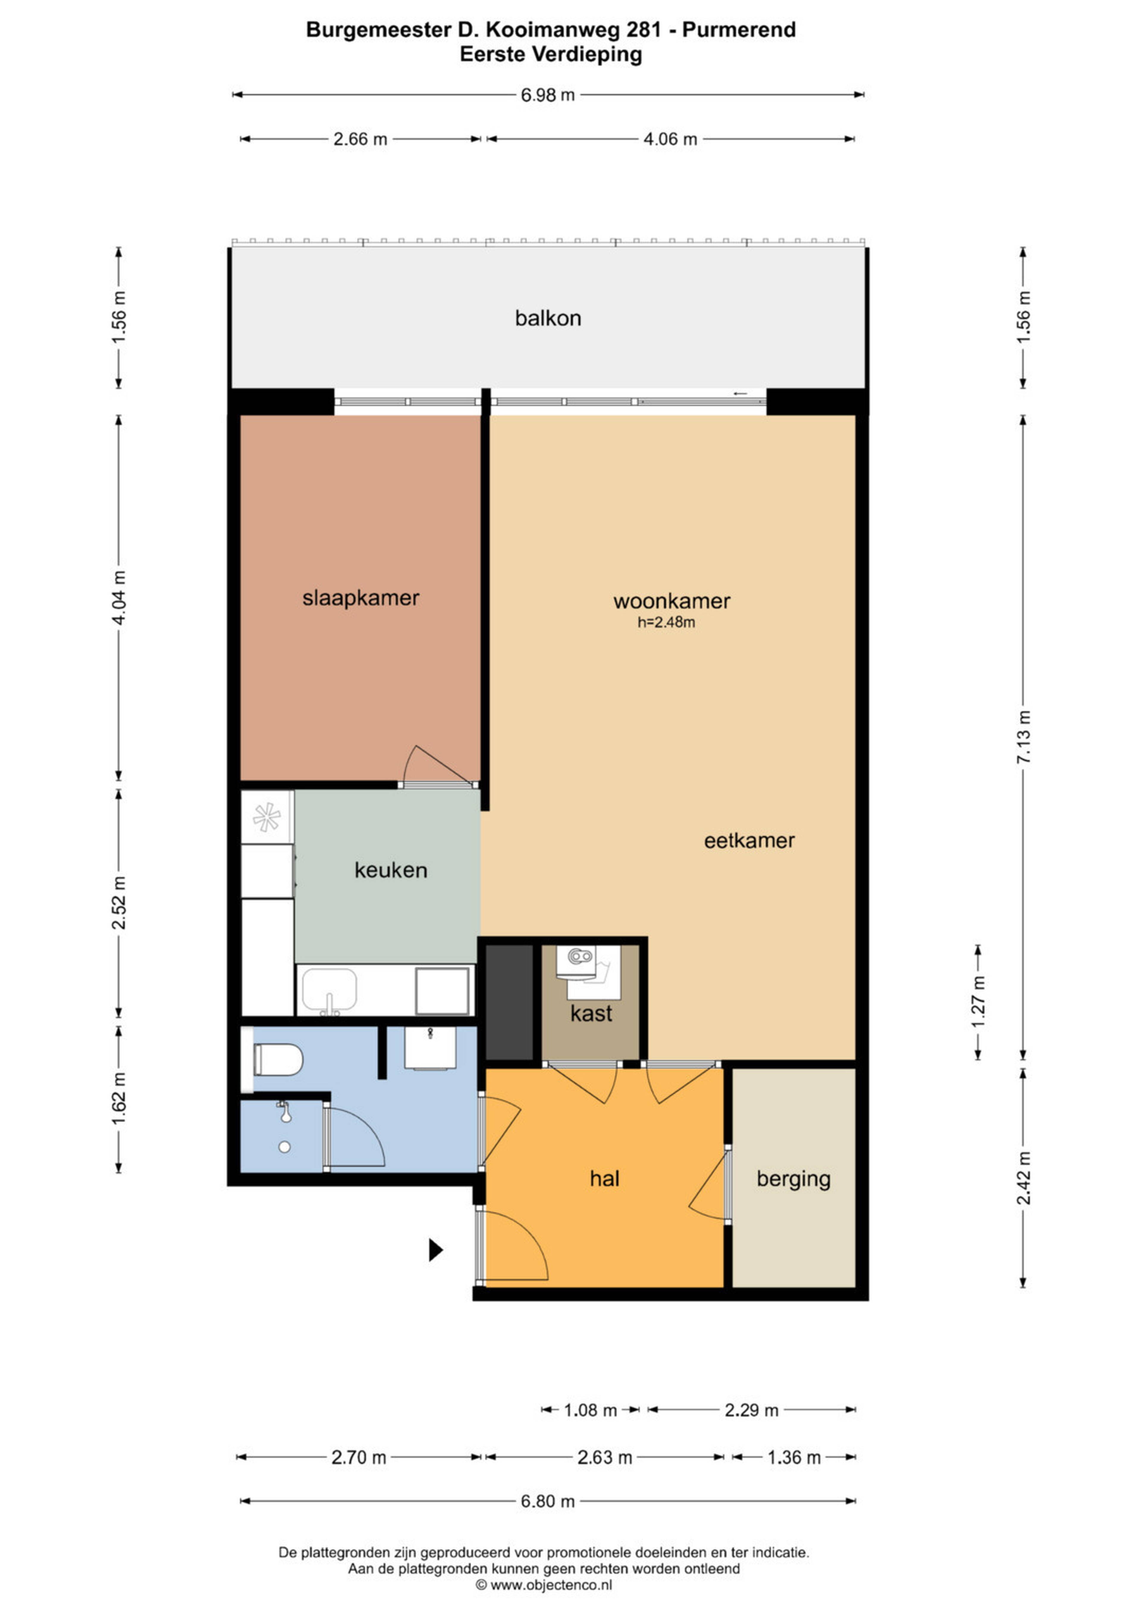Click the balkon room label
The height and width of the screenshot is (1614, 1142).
548,318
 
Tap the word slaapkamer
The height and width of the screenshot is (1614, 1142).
361,598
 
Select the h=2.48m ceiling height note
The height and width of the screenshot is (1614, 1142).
666,622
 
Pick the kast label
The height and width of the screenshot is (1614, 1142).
592,1014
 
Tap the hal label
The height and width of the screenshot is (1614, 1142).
605,1179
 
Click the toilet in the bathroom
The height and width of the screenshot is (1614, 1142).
278,1059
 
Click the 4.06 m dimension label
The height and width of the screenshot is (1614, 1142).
670,139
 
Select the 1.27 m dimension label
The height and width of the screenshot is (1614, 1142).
978,1002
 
